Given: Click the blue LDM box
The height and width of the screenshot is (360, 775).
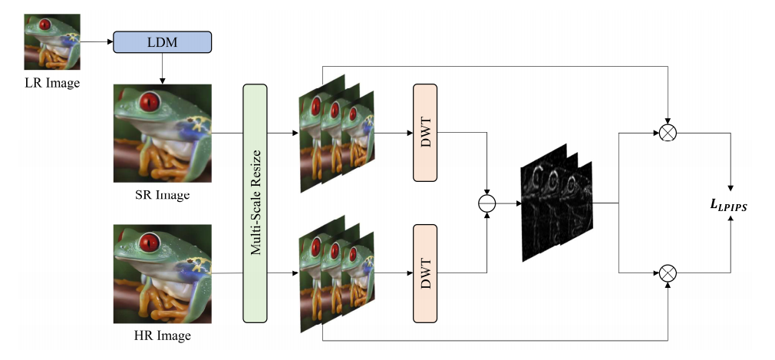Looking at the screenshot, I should (162, 42).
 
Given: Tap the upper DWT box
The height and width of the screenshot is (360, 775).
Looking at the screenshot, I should (424, 133).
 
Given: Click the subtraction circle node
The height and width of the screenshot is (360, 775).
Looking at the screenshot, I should (486, 203).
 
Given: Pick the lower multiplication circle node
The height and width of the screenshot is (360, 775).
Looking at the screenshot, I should (669, 272).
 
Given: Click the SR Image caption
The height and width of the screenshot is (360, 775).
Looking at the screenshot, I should (162, 194).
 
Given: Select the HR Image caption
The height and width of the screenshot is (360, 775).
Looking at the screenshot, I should (162, 335).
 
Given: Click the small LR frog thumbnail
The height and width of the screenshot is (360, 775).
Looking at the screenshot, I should (51, 37).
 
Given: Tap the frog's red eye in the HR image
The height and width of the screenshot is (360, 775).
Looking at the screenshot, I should (147, 243).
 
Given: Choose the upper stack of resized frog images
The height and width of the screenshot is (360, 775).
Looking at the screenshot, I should (335, 132).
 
